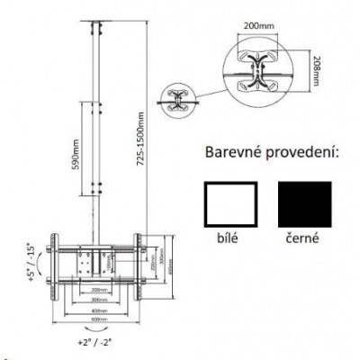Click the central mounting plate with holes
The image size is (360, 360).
click(94, 263)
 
